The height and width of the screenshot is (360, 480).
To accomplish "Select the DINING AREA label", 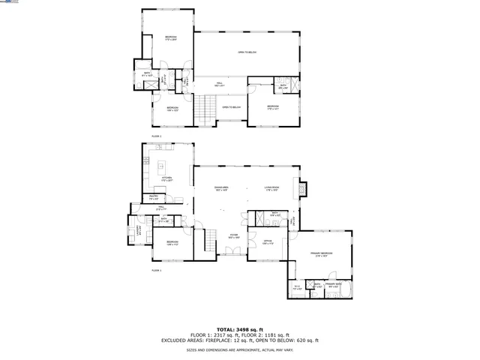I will point(221,188).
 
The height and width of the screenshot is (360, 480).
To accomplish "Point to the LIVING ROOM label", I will point(271,188).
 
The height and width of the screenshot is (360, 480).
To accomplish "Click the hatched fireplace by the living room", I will point(301,189).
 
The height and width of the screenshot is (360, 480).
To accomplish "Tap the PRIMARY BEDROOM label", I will point(322,254).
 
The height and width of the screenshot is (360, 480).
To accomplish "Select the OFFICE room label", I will point(267,241).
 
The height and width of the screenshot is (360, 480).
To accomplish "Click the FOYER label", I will point(233,235).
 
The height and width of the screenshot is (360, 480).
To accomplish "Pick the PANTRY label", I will point(152,196).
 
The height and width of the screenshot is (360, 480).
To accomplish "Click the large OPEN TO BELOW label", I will point(247,52).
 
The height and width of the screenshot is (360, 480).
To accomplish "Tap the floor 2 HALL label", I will point(220,84).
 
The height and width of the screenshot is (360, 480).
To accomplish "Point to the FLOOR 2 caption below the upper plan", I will point(156,136).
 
